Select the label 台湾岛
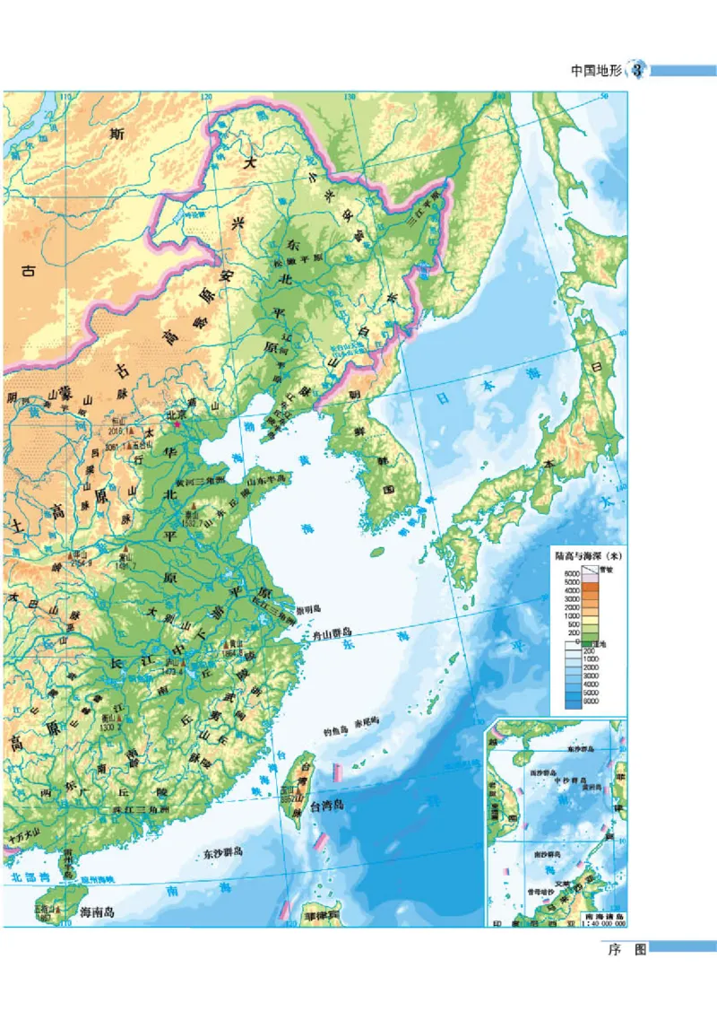pyautogui.click(x=328, y=806)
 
